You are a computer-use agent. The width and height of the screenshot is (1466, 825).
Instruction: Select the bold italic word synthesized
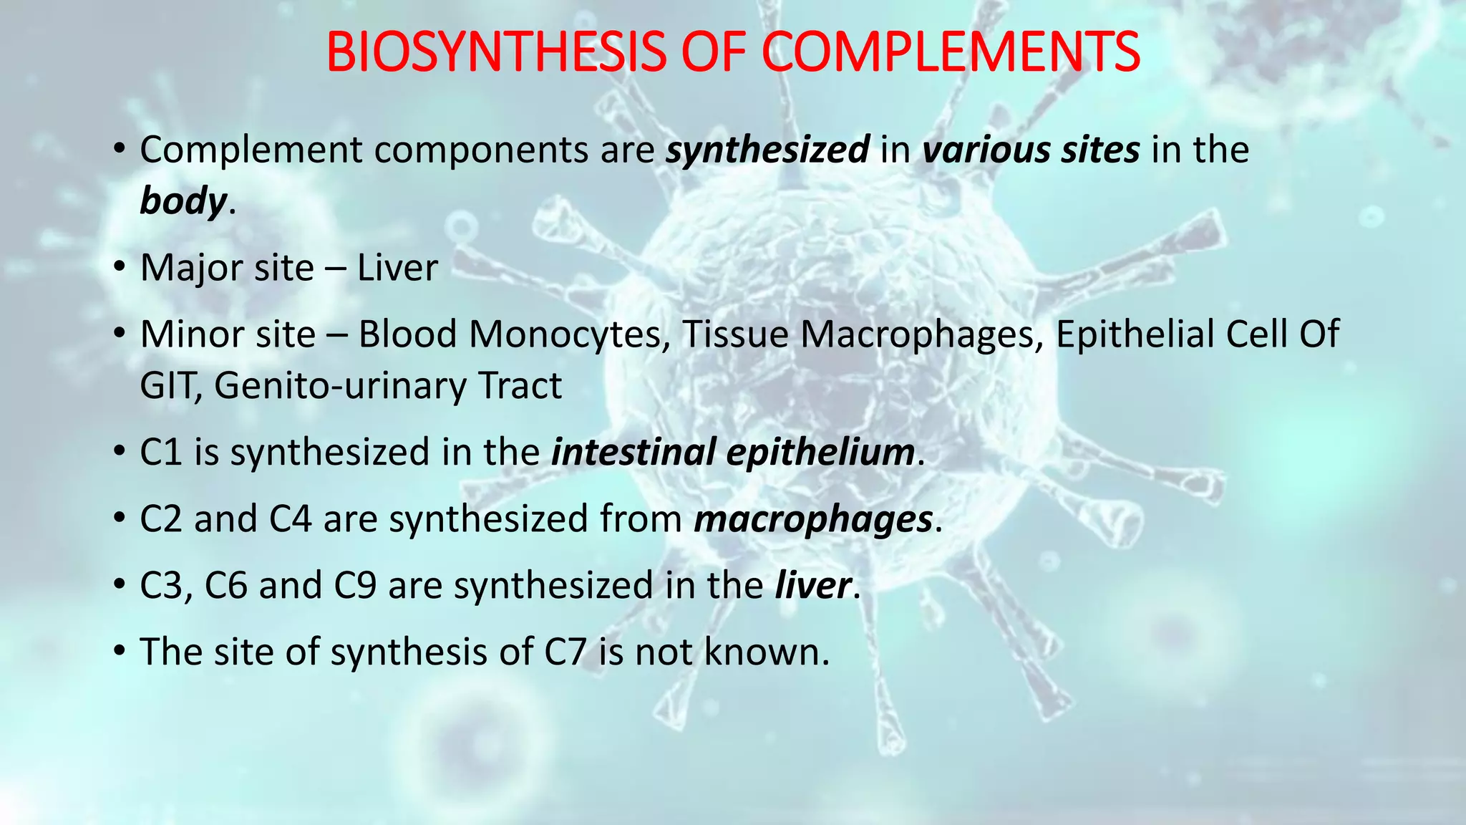[767, 150]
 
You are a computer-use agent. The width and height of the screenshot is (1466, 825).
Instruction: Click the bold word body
[183, 201]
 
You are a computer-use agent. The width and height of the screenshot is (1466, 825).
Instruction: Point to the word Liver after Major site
[397, 269]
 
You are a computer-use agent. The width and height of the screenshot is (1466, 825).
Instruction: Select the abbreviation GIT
[169, 386]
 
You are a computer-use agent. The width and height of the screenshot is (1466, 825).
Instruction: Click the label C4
[291, 519]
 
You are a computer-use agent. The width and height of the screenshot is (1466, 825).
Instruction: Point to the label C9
[355, 586]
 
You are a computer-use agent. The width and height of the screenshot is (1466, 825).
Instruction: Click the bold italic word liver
[813, 586]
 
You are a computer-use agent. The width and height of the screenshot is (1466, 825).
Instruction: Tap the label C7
[565, 652]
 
